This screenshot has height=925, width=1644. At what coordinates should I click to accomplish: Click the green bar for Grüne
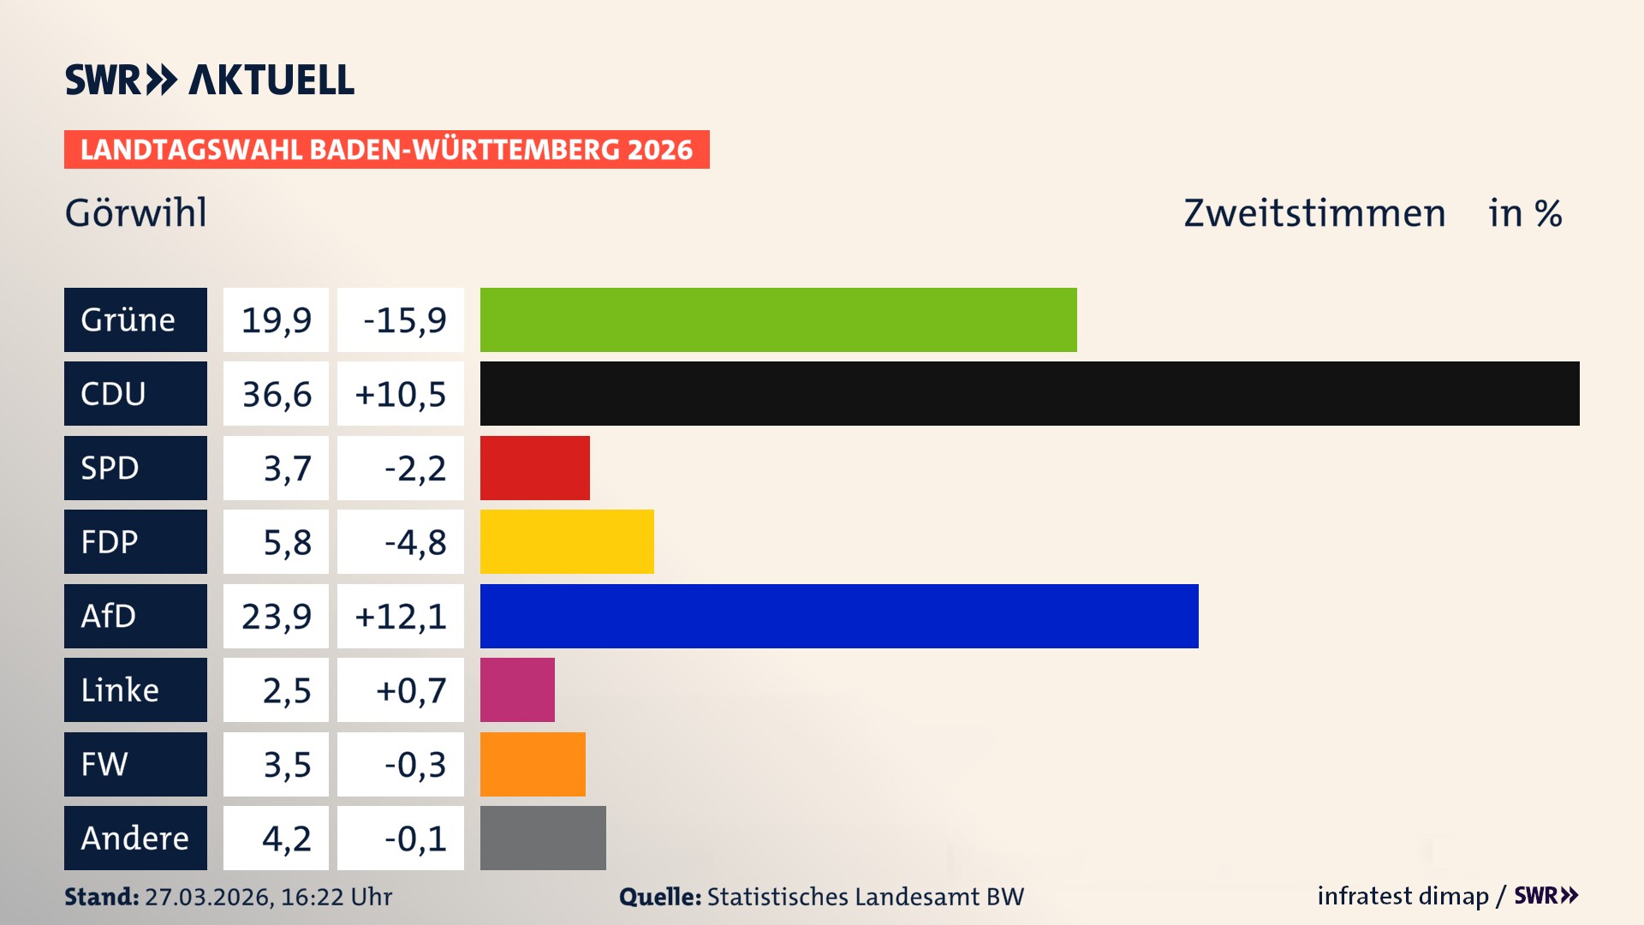[x=777, y=319]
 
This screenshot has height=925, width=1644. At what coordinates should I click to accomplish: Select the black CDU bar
[x=1029, y=394]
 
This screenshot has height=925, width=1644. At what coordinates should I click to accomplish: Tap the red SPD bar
[x=534, y=468]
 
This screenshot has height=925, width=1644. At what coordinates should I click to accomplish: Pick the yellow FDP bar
[x=567, y=541]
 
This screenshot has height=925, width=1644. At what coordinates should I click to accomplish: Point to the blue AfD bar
[x=839, y=616]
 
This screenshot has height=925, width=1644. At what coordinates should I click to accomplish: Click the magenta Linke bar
[x=517, y=689]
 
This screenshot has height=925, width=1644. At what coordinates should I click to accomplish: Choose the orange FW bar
[x=533, y=764]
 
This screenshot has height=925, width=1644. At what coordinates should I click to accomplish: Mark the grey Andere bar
[x=543, y=838]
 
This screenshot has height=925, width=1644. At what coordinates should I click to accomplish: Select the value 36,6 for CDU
[x=276, y=394]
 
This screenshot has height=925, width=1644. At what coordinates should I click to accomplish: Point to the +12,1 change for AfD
[x=401, y=616]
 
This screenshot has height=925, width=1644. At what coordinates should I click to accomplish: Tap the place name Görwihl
[x=135, y=212]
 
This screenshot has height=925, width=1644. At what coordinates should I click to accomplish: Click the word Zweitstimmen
[x=1314, y=212]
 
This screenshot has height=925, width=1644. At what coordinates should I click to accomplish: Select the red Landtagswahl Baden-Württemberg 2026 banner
[x=386, y=149]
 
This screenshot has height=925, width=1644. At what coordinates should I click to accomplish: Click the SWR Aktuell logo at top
[x=209, y=80]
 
